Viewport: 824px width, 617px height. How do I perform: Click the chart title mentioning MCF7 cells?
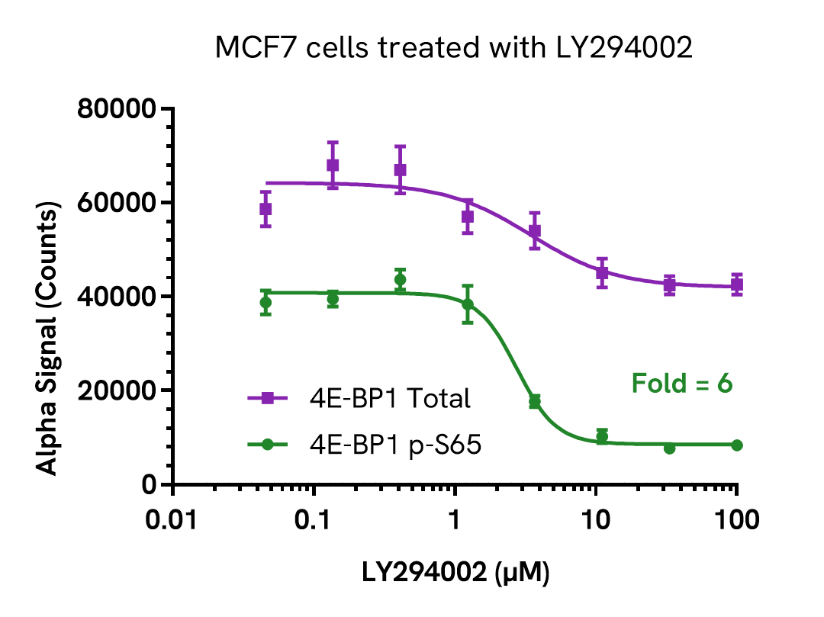[x=453, y=48]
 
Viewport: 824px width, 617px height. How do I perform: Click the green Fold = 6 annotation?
[x=681, y=383]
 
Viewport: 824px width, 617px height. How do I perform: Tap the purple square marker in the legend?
[x=267, y=397]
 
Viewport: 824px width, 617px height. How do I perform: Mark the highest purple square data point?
[x=333, y=165]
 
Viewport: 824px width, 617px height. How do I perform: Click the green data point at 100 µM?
[x=736, y=445]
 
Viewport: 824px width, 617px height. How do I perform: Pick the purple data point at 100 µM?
[x=736, y=285]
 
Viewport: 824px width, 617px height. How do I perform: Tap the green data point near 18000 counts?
[x=535, y=401]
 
